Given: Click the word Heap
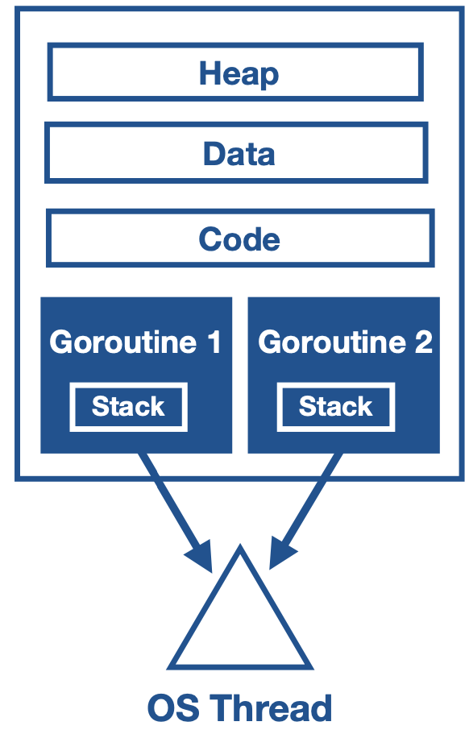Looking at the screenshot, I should click(x=239, y=74).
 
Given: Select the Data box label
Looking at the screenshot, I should click(x=239, y=153).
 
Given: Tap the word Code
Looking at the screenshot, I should click(x=239, y=239).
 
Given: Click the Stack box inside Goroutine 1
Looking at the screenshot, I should click(x=128, y=407).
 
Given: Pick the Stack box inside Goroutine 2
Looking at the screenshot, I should click(x=335, y=407).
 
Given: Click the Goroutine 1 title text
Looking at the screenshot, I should click(x=135, y=342).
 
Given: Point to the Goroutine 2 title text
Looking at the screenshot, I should click(x=345, y=342).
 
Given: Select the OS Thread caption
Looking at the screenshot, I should click(x=239, y=708).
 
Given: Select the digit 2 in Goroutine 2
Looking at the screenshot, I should click(x=423, y=342).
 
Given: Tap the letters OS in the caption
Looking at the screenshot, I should click(x=170, y=708).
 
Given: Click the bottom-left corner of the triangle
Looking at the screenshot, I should click(x=171, y=666).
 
